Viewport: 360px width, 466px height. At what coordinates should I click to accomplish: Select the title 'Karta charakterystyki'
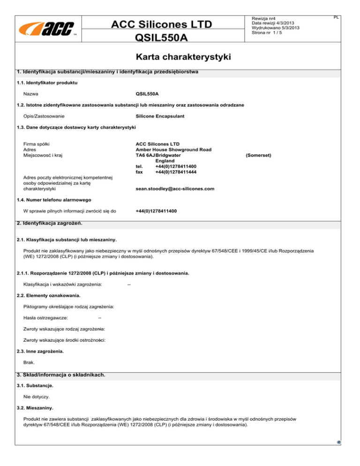coord(180,57)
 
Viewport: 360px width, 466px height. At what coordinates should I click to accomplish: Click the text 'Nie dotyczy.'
coord(37,397)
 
